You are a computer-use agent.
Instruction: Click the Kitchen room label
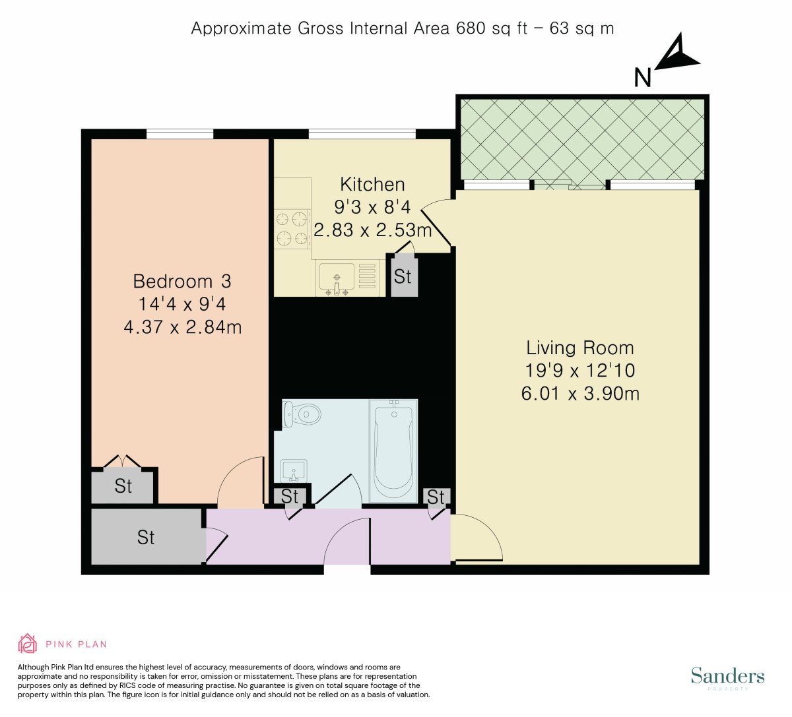pos(372,185)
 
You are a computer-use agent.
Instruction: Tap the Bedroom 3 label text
pos(182,282)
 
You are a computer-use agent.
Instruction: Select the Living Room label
pos(580,348)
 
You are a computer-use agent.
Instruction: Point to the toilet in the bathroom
pos(301,414)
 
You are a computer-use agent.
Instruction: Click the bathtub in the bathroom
pos(393,451)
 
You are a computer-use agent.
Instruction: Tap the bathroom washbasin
pos(294,471)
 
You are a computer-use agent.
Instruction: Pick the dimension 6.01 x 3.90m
pos(580,394)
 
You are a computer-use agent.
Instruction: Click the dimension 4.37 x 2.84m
pos(182,327)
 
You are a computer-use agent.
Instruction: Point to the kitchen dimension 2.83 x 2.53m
pos(373,230)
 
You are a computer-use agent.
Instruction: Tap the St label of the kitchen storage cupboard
pos(403,276)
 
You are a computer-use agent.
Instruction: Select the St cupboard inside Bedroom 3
pos(123,485)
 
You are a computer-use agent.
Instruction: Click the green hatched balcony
pos(582,139)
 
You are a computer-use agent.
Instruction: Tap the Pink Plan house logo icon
pos(28,644)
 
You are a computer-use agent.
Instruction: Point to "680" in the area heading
pos(471,28)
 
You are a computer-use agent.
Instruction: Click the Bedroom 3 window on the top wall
pos(180,134)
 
